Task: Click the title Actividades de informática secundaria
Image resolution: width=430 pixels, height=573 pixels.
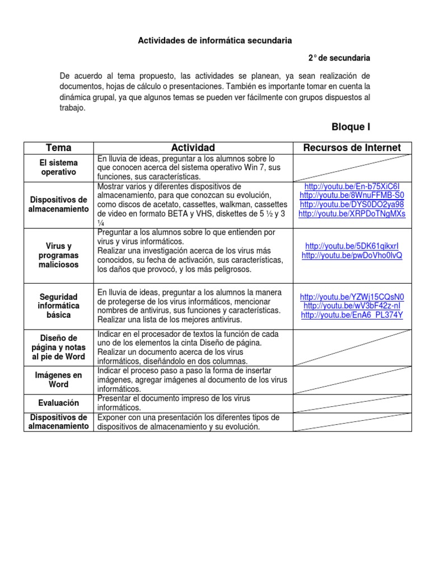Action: (215, 41)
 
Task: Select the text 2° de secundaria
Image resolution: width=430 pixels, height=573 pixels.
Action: (339, 58)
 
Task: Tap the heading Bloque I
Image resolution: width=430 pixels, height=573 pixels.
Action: (351, 127)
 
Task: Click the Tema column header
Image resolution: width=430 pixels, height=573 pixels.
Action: (59, 148)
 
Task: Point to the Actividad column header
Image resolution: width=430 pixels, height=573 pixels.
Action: (193, 148)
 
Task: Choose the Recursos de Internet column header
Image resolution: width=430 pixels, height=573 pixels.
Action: (352, 148)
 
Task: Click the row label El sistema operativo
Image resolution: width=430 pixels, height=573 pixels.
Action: (59, 167)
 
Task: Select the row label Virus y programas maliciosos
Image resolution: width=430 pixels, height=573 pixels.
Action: (59, 255)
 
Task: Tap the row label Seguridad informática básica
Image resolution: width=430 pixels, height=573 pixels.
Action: (59, 306)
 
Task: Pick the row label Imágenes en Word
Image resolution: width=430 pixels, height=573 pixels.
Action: (59, 380)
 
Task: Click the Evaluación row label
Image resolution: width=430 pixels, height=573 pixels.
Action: (59, 403)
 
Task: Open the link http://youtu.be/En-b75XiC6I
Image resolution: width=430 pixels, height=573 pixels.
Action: (352, 186)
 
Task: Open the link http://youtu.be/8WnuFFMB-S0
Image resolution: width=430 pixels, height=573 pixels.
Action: (352, 195)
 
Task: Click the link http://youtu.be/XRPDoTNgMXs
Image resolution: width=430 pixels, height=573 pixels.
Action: (352, 213)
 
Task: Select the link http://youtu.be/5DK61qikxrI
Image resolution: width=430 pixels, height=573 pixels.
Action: (352, 246)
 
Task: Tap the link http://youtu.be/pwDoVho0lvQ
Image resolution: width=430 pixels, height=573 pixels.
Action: (352, 255)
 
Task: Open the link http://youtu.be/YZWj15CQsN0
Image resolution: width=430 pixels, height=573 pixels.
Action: (352, 297)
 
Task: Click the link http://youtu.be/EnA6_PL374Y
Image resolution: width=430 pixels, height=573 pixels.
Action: (352, 315)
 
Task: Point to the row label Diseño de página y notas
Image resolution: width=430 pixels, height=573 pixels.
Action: (59, 347)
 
